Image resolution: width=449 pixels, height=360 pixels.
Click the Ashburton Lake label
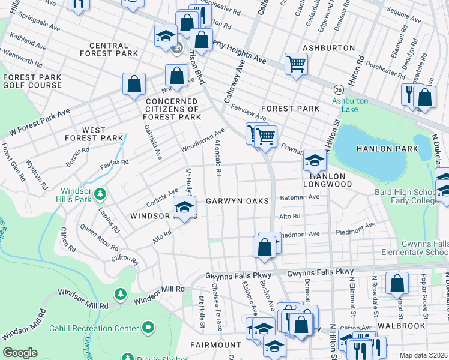pyautogui.click(x=350, y=106)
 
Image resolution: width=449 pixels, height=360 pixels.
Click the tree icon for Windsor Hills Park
pyautogui.click(x=101, y=194)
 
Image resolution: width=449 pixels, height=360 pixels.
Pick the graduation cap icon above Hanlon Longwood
pyautogui.click(x=314, y=160)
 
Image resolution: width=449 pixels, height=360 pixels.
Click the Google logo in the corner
pyautogui.click(x=20, y=353)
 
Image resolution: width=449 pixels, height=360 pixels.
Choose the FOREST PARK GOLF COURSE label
pyautogui.click(x=31, y=82)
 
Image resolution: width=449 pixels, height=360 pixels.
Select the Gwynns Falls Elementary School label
pyautogui.click(x=411, y=248)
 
